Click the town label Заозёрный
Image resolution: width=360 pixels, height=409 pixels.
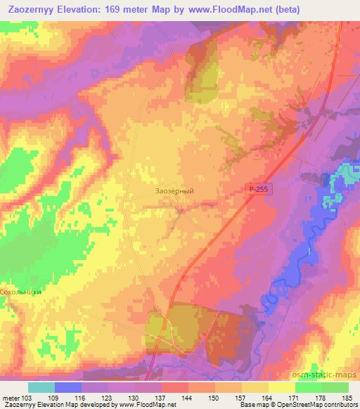click(x=174, y=190)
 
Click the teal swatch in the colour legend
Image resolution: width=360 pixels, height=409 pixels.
click(x=41, y=387)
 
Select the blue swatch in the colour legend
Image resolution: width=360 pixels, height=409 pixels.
click(x=68, y=387)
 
